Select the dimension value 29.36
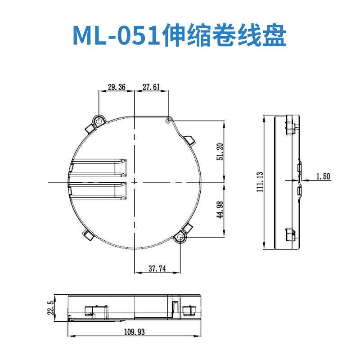tap(116, 88)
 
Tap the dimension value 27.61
tap(151, 88)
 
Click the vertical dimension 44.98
tap(219, 209)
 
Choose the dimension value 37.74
tap(157, 269)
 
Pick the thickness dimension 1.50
tap(323, 177)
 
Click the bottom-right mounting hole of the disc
tap(181, 237)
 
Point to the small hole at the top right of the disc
tap(168, 121)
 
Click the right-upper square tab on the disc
tap(189, 140)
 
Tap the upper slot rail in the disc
tap(99, 167)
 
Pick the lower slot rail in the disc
tap(99, 191)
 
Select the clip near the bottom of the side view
tap(289, 236)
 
